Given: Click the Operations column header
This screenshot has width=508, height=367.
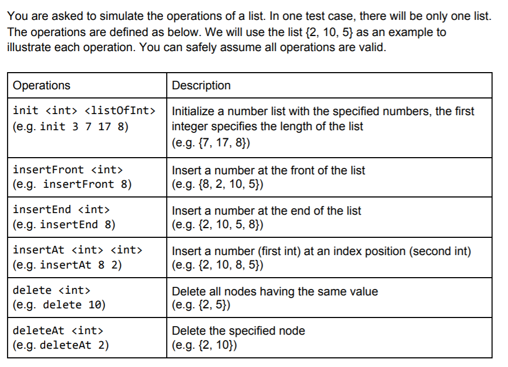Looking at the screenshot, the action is coord(41,86).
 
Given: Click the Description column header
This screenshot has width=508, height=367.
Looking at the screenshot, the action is coord(201,86).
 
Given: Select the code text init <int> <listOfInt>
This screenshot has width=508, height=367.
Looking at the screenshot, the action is coord(84,111).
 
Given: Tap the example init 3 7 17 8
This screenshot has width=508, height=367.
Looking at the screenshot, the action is coord(70,127).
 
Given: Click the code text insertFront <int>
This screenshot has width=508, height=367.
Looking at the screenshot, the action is coord(68,170).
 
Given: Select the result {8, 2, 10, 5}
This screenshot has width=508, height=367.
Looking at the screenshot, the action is coord(217,185).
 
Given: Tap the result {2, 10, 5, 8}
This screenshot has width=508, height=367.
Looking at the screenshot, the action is coord(217,225).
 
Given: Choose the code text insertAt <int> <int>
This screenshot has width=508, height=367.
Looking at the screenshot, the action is coord(77,250).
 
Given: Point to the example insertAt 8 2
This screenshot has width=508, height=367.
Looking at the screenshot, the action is coord(68,265).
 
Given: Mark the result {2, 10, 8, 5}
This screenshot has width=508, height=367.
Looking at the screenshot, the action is coord(217,265).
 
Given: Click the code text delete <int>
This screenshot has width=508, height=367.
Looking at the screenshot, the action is coord(51,291).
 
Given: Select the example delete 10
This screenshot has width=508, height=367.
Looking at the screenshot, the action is coord(59,305).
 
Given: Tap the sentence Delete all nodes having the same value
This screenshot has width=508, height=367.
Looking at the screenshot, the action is coord(275,291).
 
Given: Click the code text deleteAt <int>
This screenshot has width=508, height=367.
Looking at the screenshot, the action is coord(58,330).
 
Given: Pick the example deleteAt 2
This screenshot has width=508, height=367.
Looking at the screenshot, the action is coord(61,345).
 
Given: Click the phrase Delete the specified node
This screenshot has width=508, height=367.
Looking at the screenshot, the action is coord(238,330).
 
